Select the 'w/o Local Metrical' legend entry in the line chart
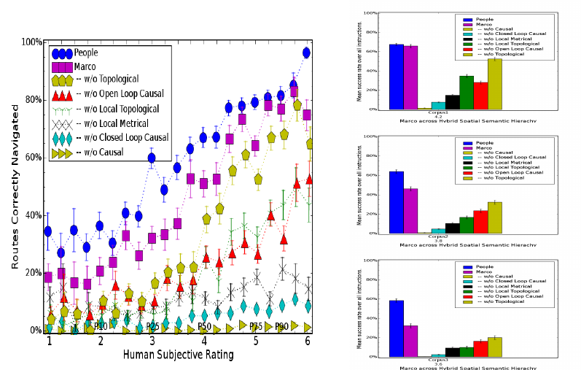coord(120,123)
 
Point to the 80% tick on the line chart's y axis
coord(32,99)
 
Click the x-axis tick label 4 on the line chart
coord(204,341)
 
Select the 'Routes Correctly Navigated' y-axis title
coord(15,186)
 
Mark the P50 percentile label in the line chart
coord(205,326)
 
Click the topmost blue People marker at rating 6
coord(306,53)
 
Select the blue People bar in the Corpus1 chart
coord(396,77)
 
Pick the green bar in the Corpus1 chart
coord(467,93)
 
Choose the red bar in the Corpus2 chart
coord(480,222)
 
